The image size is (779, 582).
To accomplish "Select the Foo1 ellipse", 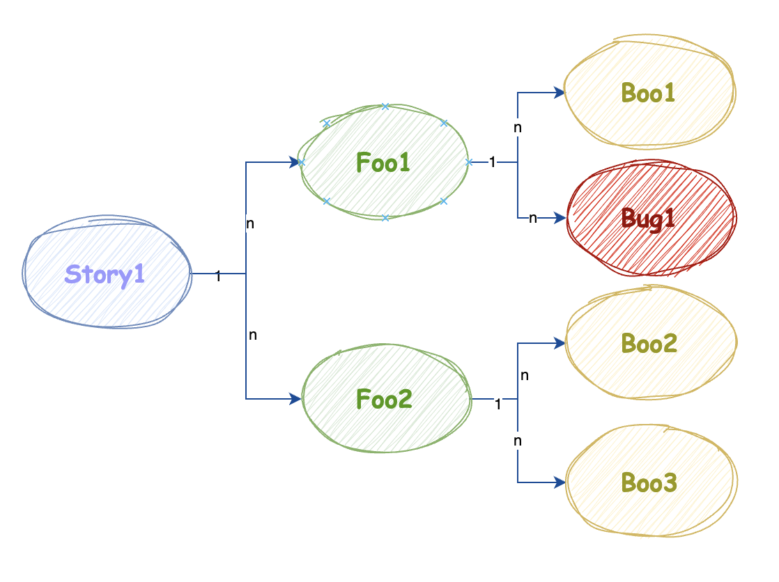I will [384, 162].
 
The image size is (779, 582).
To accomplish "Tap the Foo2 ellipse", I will [384, 399].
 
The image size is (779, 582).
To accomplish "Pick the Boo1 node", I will [649, 93].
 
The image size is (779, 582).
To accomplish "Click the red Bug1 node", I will [649, 218].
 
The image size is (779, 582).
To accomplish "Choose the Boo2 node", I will [649, 343].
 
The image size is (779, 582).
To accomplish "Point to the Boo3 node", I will [649, 482].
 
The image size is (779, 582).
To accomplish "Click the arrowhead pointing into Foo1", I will [295, 162].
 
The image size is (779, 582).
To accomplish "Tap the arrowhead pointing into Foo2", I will [295, 399].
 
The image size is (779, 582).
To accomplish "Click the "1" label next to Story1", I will [218, 276].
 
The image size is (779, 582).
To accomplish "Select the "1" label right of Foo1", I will [492, 162].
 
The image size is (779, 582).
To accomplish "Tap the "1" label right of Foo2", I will [498, 403].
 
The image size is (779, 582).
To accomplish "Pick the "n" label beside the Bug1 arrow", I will [532, 218].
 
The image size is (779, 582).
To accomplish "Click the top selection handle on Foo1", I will [385, 107].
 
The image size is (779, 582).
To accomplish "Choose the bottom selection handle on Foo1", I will [385, 218].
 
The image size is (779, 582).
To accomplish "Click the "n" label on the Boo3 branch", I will [518, 441].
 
